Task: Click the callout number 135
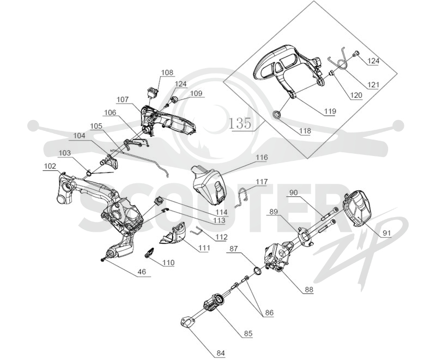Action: tap(240, 123)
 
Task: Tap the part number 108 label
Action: tap(167, 73)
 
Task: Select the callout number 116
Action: tap(262, 158)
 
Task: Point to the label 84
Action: tap(221, 353)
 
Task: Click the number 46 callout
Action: tap(142, 272)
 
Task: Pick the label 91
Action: tap(387, 233)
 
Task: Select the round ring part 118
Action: tap(277, 115)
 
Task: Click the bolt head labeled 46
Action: tap(103, 260)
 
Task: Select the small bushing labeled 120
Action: tap(331, 73)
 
